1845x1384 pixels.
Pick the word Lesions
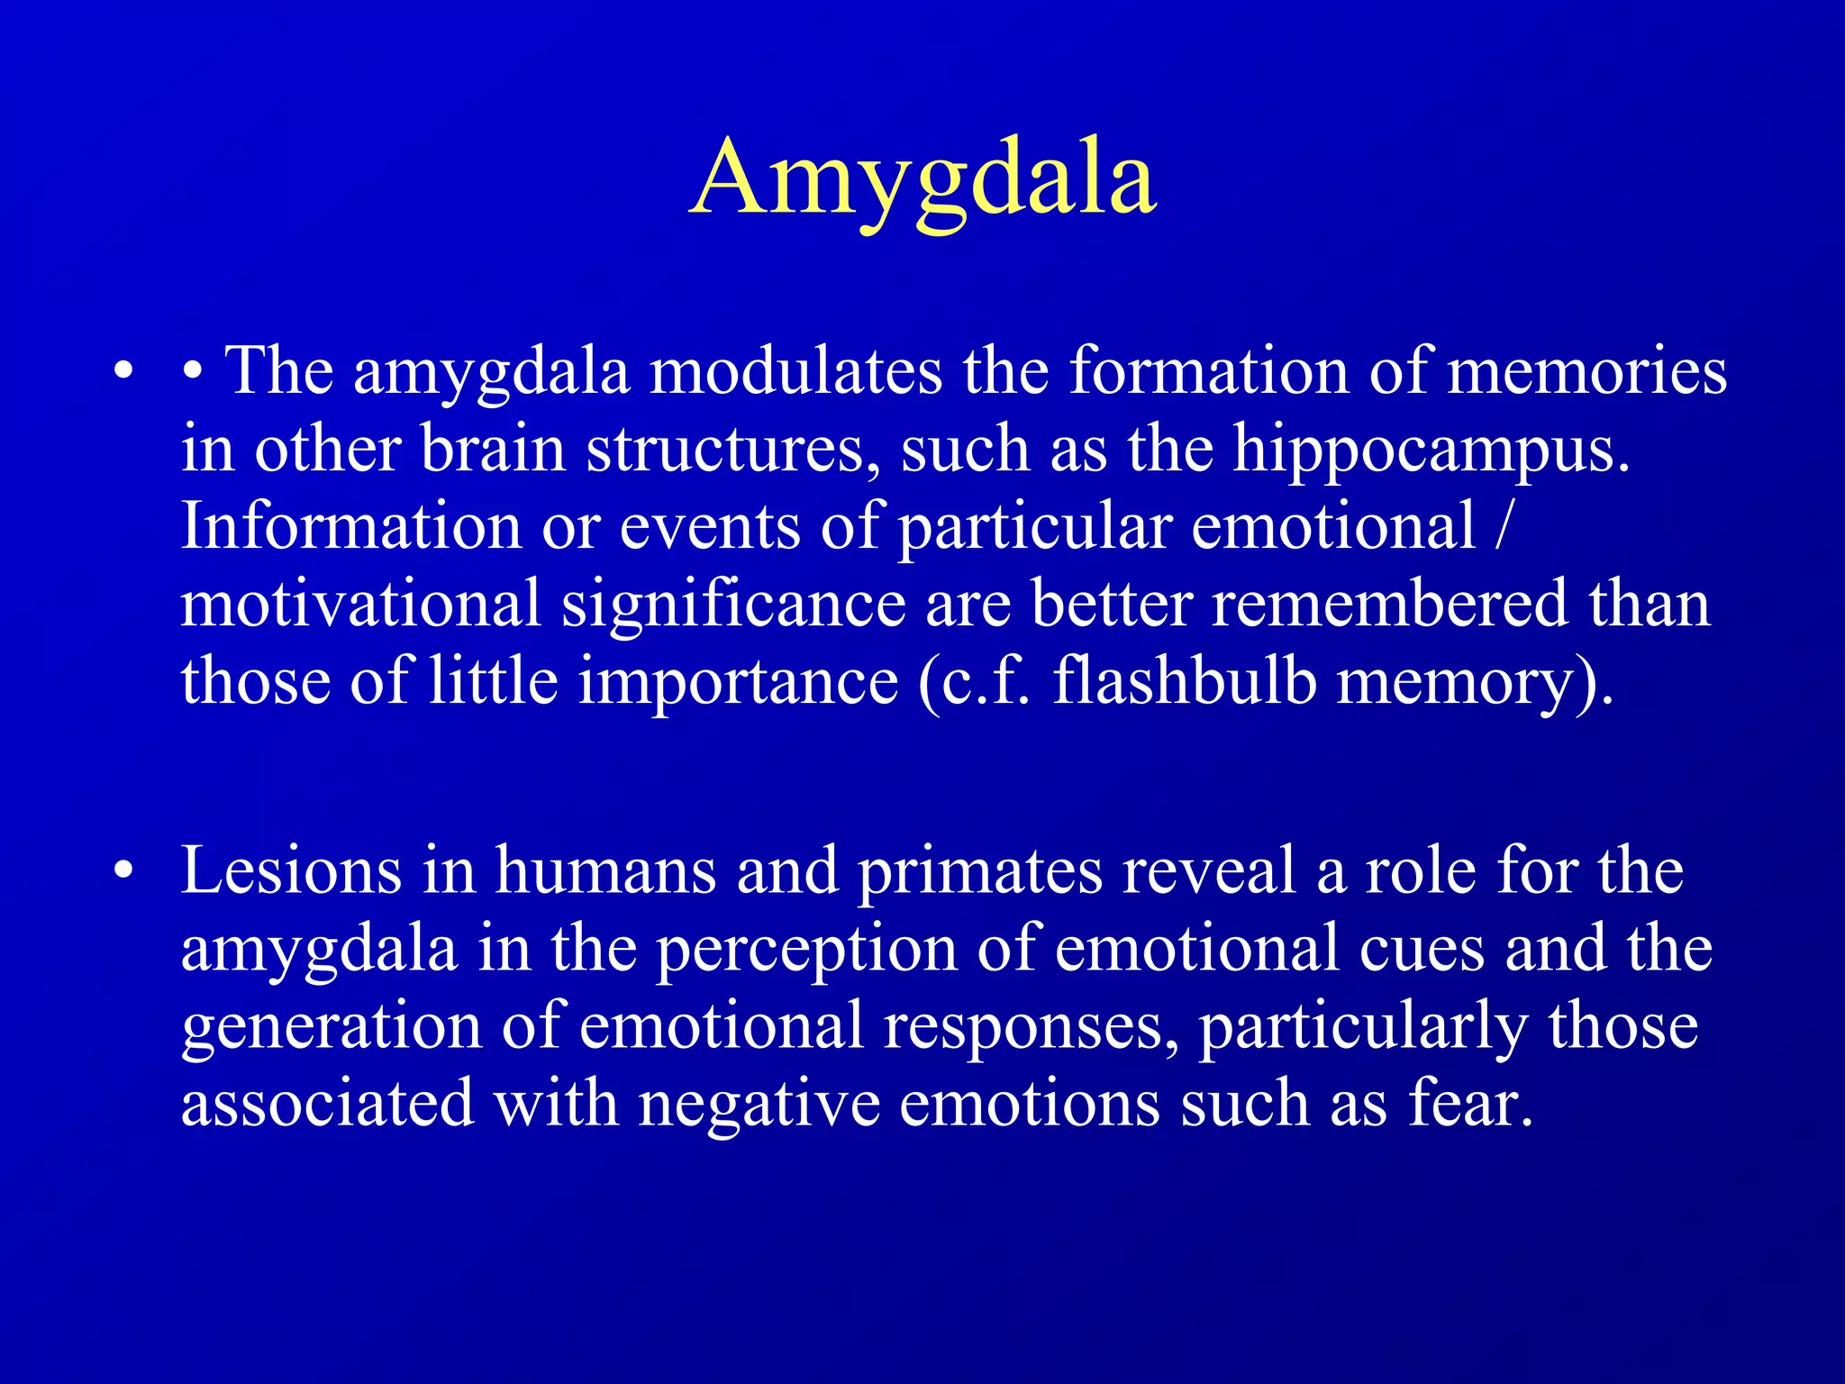291,871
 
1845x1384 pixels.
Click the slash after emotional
1500,527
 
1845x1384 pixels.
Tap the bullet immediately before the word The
191,372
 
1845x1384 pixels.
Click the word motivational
360,604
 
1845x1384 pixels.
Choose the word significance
733,605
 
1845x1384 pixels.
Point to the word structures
732,450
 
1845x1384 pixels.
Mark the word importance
738,683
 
